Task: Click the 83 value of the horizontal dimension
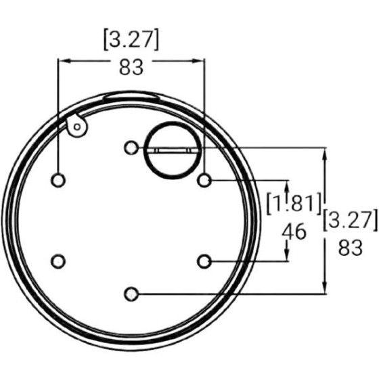tap(131, 68)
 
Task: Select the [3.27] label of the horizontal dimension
tap(131, 40)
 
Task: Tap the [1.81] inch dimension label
tap(293, 202)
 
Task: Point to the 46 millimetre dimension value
tap(294, 231)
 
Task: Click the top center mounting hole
tap(132, 148)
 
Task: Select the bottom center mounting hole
tap(132, 294)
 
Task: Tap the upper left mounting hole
tap(59, 180)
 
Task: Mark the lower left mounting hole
tap(59, 261)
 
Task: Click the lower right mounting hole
tap(205, 261)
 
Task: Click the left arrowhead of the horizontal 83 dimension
tap(63, 61)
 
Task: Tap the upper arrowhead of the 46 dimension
tap(288, 185)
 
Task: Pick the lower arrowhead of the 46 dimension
tap(288, 256)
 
